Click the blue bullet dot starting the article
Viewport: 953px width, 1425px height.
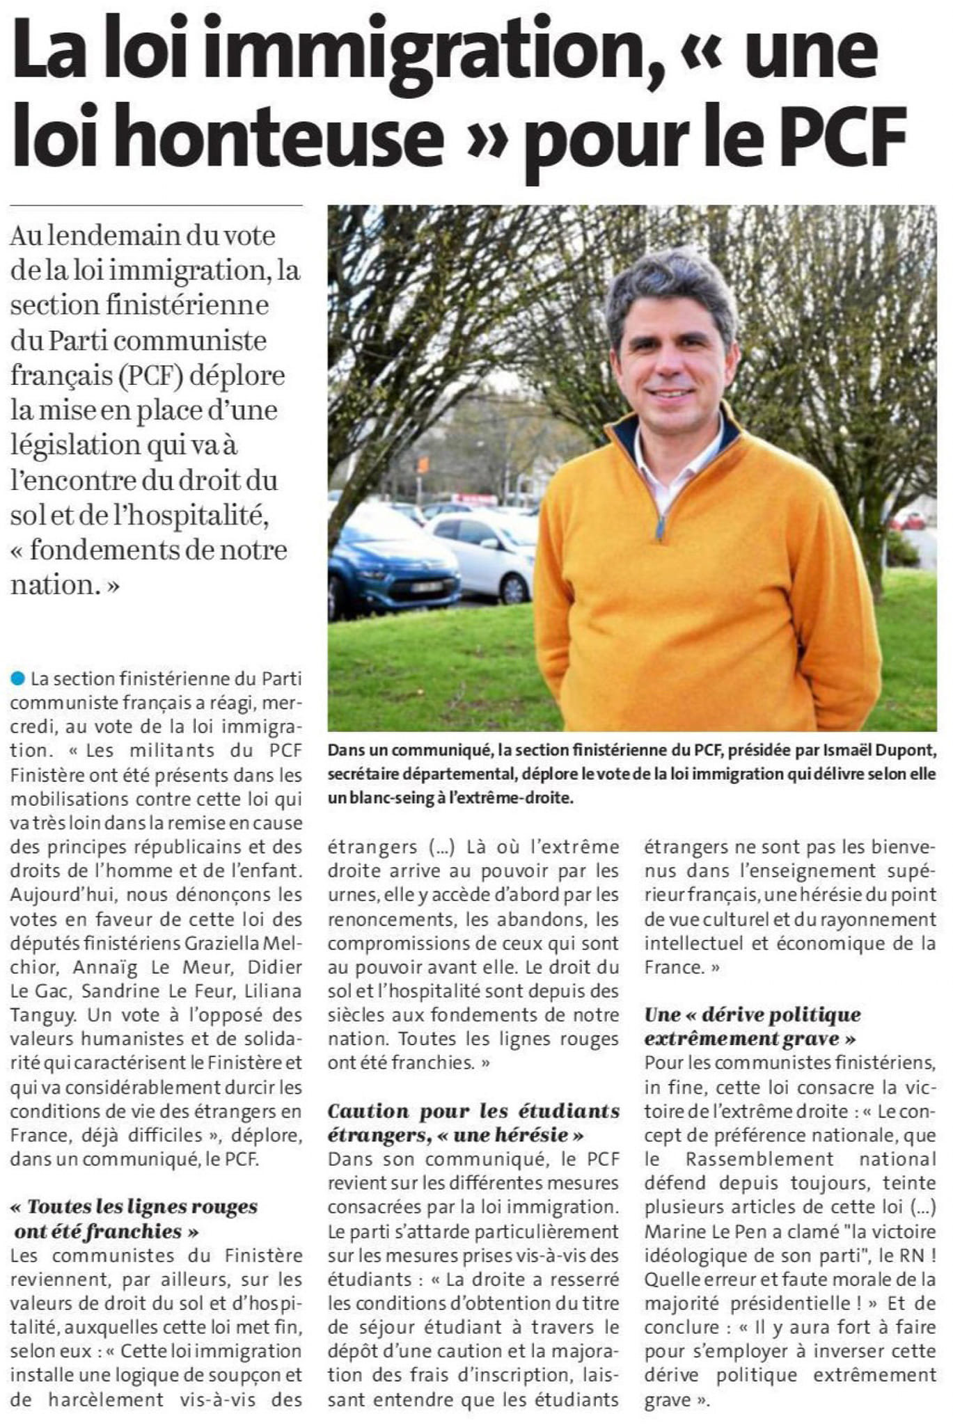pos(18,678)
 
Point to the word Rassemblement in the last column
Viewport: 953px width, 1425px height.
pos(759,1159)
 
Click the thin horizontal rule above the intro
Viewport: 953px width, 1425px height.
pos(156,206)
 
